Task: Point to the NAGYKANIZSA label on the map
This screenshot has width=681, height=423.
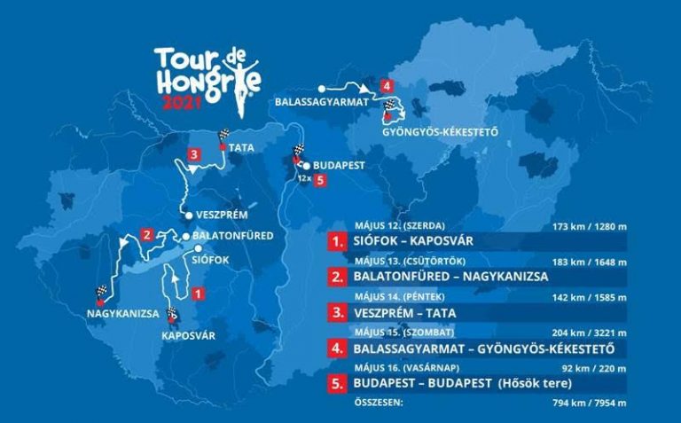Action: (122, 313)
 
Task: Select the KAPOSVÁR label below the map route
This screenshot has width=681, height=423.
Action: (189, 335)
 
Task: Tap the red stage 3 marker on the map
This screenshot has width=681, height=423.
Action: (193, 154)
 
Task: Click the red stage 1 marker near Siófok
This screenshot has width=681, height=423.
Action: (199, 293)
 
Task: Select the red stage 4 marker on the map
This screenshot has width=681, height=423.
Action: (385, 86)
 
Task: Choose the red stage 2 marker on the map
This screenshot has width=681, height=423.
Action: (146, 235)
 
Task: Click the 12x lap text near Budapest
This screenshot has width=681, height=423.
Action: (303, 179)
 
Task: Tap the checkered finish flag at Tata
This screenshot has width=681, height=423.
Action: (223, 137)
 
